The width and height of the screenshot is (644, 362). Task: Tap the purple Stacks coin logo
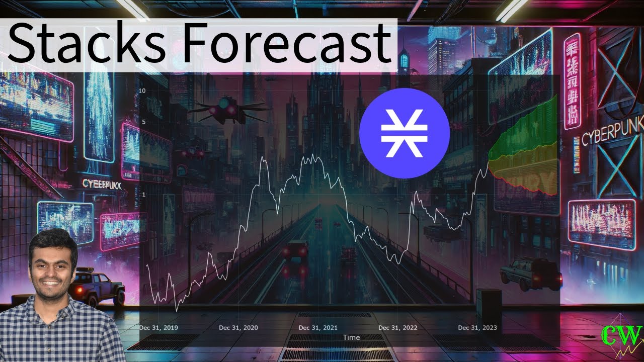click(x=404, y=133)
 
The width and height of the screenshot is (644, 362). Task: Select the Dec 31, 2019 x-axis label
click(x=159, y=328)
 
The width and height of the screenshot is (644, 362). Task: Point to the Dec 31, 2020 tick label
click(x=238, y=328)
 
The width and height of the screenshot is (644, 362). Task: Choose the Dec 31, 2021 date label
click(x=318, y=328)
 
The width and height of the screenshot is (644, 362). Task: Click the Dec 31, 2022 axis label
click(x=397, y=328)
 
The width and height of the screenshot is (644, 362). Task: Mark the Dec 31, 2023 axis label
click(x=477, y=328)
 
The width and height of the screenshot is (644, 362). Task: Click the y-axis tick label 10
click(x=142, y=91)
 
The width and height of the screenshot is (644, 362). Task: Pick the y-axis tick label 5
click(x=143, y=122)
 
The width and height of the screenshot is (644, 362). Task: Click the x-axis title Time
click(x=351, y=337)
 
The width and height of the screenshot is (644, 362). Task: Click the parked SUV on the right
click(x=531, y=274)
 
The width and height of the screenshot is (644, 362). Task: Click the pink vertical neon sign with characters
click(x=572, y=80)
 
